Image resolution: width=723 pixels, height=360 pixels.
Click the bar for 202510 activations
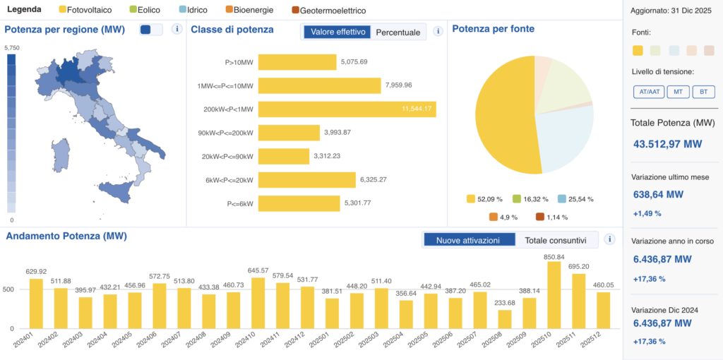pos(554,295)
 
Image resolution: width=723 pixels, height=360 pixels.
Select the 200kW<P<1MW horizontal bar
pos(347,109)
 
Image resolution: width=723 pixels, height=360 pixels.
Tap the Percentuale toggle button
pos(398,32)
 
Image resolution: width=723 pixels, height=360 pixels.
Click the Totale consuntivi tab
pos(556,240)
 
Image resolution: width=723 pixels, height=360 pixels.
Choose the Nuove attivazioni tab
pos(468,240)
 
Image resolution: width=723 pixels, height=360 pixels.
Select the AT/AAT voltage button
pos(649,92)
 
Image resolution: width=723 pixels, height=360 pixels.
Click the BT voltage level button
pos(703,92)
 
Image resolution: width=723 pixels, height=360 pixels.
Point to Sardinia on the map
pos(62,155)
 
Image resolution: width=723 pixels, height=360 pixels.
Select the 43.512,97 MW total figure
pos(667,144)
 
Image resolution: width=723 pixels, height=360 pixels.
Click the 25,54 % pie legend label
pos(581,199)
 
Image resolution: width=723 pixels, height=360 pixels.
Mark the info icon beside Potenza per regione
pos(177,29)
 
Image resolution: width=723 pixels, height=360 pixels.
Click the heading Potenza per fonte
pos(493,29)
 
